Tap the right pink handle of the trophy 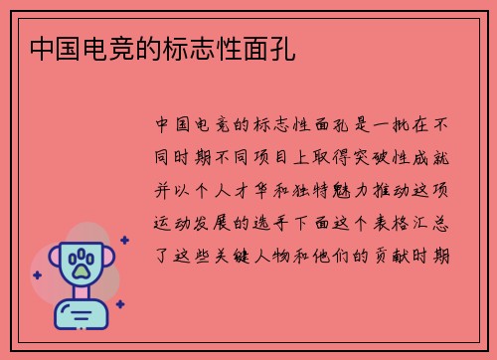[106, 260]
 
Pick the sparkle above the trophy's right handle [123, 240]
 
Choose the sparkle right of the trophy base [119, 304]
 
